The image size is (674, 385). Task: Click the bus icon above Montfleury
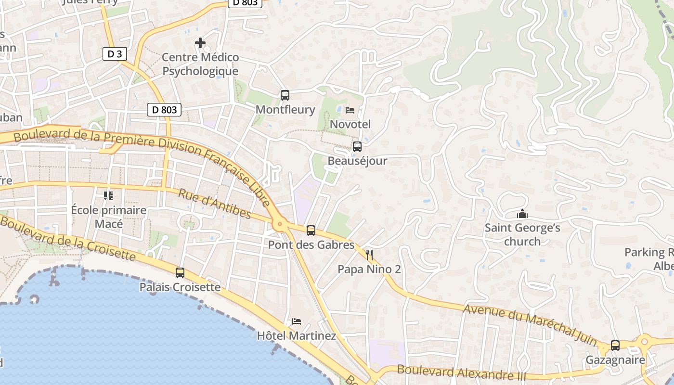click(x=285, y=95)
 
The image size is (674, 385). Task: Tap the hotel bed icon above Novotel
click(x=350, y=111)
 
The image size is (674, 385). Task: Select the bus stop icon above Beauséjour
click(x=357, y=147)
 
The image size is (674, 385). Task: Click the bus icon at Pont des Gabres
click(x=311, y=231)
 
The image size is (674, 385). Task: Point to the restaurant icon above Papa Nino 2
click(x=369, y=255)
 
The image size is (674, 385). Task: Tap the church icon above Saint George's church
click(x=522, y=214)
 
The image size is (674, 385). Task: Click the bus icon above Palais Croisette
click(x=180, y=273)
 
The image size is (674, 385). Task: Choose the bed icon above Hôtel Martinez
click(x=297, y=321)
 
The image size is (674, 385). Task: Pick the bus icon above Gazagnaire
click(x=615, y=345)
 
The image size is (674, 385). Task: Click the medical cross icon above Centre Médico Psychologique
click(x=200, y=43)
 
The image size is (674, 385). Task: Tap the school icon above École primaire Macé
click(x=108, y=196)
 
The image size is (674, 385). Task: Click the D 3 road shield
click(x=115, y=54)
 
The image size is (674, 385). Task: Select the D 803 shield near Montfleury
click(x=164, y=110)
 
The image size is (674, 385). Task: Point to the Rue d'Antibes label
click(x=215, y=203)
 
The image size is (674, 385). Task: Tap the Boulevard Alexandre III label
click(x=461, y=373)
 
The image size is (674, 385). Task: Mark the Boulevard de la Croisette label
click(x=68, y=238)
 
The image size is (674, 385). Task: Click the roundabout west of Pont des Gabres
click(x=279, y=224)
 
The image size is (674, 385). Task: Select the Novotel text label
click(x=350, y=124)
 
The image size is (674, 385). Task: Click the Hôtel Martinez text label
click(x=297, y=335)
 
